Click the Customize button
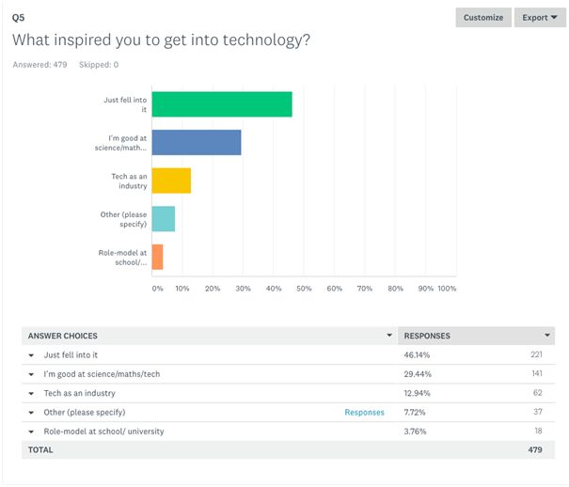tap(483, 18)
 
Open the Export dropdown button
tap(540, 18)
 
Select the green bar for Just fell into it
tap(222, 104)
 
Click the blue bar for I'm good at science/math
tap(197, 142)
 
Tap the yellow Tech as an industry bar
tap(171, 181)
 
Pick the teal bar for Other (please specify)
tap(164, 219)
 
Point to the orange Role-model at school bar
tap(157, 257)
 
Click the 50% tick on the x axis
tap(304, 289)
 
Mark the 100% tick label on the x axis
tap(447, 289)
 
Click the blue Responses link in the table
tap(364, 412)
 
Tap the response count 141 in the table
tap(538, 374)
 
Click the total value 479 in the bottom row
tap(537, 449)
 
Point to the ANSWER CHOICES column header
tap(63, 336)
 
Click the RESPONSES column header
tap(427, 336)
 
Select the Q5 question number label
tap(18, 17)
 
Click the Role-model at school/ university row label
tap(103, 431)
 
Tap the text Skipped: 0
tap(99, 65)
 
